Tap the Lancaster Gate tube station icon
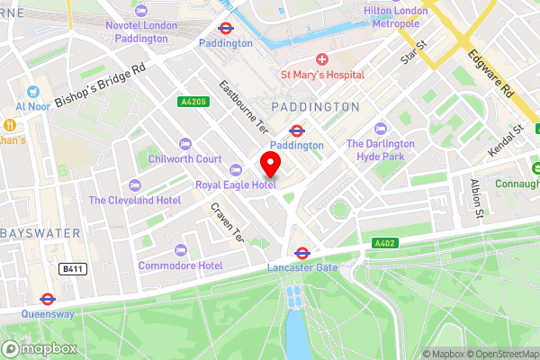pos(302,254)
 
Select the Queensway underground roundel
pos(47,299)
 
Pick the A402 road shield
pos(384,243)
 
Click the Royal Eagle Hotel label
pos(236,184)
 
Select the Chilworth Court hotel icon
pos(185,144)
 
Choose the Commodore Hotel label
pos(180,265)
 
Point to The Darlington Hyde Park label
pos(381,149)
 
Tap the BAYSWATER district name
pos(40,233)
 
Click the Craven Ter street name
pos(228,221)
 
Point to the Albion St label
pos(476,197)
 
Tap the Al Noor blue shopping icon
pos(33,91)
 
